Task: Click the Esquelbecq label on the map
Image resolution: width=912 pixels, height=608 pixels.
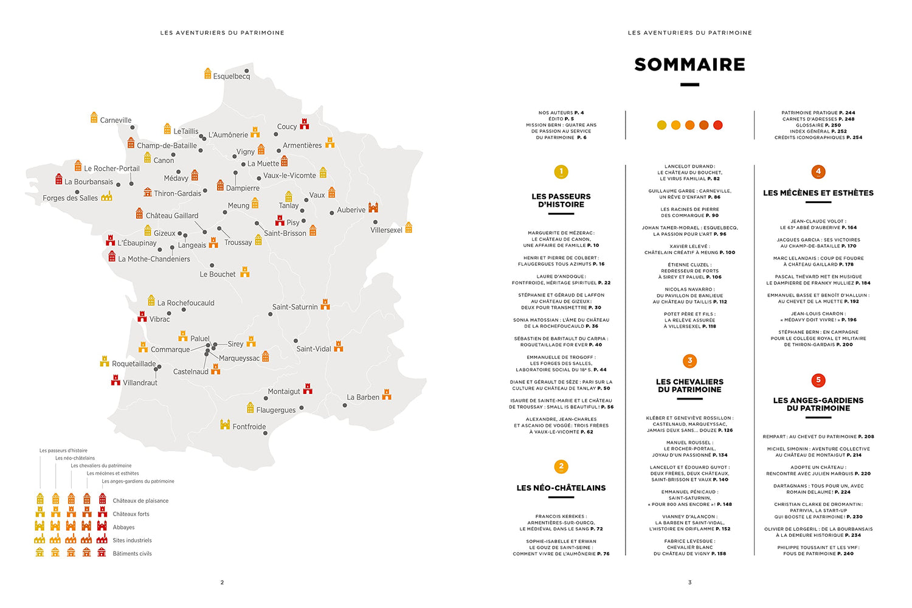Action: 232,77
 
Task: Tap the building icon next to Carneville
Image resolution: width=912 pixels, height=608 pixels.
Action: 94,117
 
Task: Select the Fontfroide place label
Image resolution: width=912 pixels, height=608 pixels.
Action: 249,427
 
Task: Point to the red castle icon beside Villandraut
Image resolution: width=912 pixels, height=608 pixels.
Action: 116,381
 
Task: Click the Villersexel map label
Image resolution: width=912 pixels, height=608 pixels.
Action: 386,230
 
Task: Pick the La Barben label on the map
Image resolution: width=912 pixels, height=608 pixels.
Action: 363,397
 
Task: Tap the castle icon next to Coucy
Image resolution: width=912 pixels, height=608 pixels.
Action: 305,123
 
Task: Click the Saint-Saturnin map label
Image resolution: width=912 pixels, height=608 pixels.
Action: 295,307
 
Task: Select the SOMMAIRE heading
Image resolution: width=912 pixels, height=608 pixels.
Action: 689,64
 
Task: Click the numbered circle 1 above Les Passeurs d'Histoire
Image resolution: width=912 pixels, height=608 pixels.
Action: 561,172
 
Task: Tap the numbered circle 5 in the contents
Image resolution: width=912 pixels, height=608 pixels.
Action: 818,380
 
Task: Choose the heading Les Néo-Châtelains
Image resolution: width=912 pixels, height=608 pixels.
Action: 561,488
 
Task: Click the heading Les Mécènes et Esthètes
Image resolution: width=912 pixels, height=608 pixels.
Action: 818,193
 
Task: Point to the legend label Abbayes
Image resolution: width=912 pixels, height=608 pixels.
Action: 123,527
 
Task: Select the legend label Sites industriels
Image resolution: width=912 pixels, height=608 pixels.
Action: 132,540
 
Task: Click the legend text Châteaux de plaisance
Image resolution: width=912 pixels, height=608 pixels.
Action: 140,501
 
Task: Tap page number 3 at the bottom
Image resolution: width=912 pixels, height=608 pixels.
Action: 689,582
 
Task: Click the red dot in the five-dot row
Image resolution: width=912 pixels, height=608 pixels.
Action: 717,125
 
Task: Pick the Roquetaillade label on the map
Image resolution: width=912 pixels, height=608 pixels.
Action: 134,364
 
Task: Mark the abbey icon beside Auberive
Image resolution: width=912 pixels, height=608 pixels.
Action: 373,207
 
